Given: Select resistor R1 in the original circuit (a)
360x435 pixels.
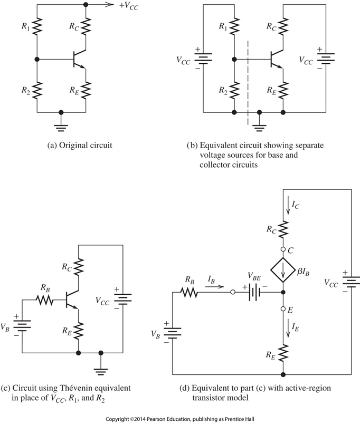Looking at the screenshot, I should click(x=37, y=25).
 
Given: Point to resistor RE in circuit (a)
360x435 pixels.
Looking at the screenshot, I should click(x=86, y=90).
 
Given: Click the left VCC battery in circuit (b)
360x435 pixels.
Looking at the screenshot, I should click(x=203, y=58).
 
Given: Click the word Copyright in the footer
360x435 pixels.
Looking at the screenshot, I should click(x=121, y=419).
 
